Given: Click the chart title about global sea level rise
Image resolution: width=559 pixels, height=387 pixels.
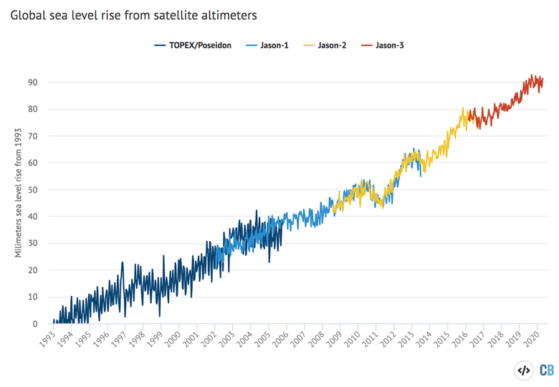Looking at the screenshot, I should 134,14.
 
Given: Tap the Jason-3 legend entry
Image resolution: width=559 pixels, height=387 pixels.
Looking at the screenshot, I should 391,46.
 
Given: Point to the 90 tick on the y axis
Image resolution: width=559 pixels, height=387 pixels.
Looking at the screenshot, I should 33,82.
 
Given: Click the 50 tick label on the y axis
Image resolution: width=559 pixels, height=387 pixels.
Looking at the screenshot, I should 33,190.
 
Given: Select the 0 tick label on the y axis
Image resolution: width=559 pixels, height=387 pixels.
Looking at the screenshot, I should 35,324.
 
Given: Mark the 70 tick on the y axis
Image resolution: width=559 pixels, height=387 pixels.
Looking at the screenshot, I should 33,136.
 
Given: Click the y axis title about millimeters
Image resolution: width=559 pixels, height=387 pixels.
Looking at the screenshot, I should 19,194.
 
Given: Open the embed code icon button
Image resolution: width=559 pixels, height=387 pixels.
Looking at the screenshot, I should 524,371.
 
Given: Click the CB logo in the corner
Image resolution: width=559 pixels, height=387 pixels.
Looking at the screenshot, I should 546,371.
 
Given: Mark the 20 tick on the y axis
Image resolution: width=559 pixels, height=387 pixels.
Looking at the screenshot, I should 33,270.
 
